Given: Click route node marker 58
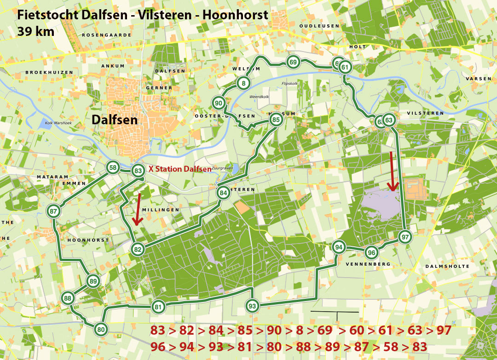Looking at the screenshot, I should click(x=113, y=168).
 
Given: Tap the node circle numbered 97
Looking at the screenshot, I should click(x=405, y=237).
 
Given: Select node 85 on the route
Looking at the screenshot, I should click(x=276, y=120).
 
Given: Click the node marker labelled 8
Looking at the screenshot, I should click(x=243, y=83).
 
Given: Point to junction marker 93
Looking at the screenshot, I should click(x=252, y=306).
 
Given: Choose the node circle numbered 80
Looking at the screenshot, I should click(x=101, y=329).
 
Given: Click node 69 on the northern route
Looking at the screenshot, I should click(x=293, y=62).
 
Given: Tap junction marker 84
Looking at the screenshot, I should click(x=223, y=193).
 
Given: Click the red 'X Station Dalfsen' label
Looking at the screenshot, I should click(x=179, y=169).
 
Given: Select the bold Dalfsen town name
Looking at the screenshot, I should click(x=115, y=120).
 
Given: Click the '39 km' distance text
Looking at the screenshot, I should click(x=36, y=31).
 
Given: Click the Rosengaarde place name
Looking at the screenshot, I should click(x=107, y=35).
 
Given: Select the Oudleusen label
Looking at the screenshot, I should click(x=319, y=26).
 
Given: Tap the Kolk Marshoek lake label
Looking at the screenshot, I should click(x=58, y=123).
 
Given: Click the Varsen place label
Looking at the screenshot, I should click(x=479, y=79).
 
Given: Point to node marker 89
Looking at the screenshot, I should click(x=93, y=281).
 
